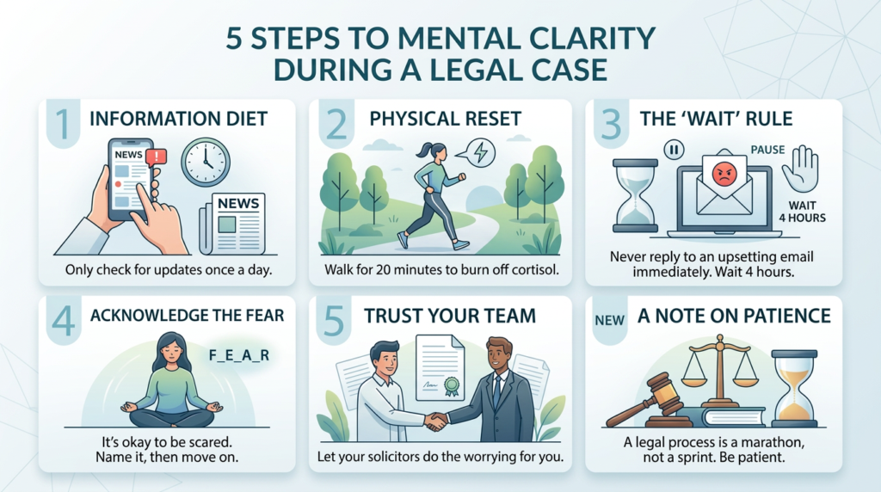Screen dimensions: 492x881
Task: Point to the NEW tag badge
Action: point(608,320)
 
